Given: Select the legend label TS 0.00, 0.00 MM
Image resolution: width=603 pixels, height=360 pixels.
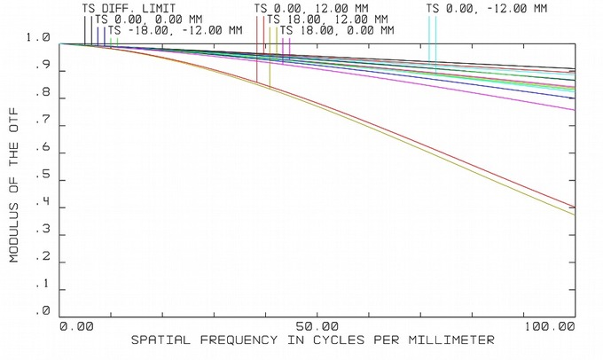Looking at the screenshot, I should (147, 19).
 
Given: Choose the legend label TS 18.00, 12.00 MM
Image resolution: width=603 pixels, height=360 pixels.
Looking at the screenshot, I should (326, 19).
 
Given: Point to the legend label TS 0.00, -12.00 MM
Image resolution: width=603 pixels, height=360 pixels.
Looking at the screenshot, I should (487, 8).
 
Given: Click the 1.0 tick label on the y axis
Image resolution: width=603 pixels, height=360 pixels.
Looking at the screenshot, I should (40, 38).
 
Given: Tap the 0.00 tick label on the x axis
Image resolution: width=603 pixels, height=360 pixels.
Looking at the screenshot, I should (76, 326).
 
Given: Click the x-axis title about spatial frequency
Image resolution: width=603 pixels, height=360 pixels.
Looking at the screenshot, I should (313, 340).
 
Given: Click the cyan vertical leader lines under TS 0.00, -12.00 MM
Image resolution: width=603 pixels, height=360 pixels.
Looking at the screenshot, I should (432, 40).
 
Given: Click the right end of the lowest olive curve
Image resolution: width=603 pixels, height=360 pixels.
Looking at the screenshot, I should (573, 214).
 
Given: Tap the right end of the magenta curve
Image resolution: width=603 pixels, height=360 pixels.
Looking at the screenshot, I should (573, 109).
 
